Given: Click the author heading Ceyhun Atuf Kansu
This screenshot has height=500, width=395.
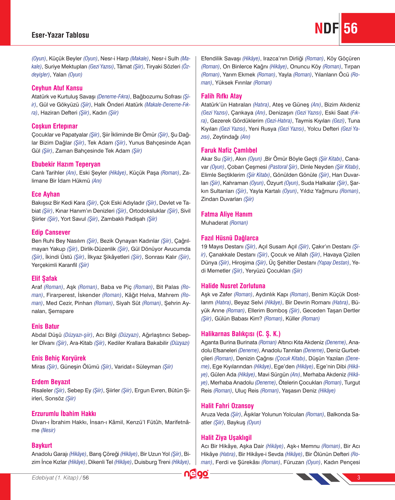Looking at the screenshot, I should pyautogui.click(x=57, y=88).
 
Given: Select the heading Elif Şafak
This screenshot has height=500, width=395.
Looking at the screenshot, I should pyautogui.click(x=44, y=278).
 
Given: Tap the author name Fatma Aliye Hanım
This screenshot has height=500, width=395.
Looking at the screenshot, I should pyautogui.click(x=226, y=214).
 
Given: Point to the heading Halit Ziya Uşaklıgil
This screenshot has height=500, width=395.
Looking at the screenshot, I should pyautogui.click(x=226, y=437).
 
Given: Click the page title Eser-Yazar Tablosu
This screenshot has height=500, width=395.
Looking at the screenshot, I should pyautogui.click(x=60, y=35).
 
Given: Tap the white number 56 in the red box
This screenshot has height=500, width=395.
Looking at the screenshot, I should pyautogui.click(x=350, y=28).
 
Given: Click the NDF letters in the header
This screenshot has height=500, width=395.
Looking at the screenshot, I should pyautogui.click(x=327, y=28).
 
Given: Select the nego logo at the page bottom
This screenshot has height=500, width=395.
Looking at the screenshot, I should pyautogui.click(x=196, y=474).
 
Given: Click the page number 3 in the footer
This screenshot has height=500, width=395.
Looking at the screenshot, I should pyautogui.click(x=359, y=478).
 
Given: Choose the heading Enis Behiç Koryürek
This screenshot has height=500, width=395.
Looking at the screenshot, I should pyautogui.click(x=59, y=358).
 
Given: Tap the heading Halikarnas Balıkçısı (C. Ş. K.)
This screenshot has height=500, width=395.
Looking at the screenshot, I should pyautogui.click(x=241, y=334).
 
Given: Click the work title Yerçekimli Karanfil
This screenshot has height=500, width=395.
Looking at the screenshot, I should pyautogui.click(x=54, y=265).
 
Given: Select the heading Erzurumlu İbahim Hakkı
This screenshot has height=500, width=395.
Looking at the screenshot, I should pyautogui.click(x=64, y=414).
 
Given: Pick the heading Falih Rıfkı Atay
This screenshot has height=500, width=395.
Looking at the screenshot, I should pyautogui.click(x=222, y=96).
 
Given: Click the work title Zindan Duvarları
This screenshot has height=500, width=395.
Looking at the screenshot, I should pyautogui.click(x=221, y=199).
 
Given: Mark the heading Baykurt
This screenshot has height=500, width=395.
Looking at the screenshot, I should pyautogui.click(x=42, y=445).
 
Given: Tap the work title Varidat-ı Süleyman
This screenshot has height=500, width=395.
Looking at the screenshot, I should pyautogui.click(x=138, y=367).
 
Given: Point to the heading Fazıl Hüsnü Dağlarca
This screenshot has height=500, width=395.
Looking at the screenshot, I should pyautogui.click(x=230, y=238).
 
